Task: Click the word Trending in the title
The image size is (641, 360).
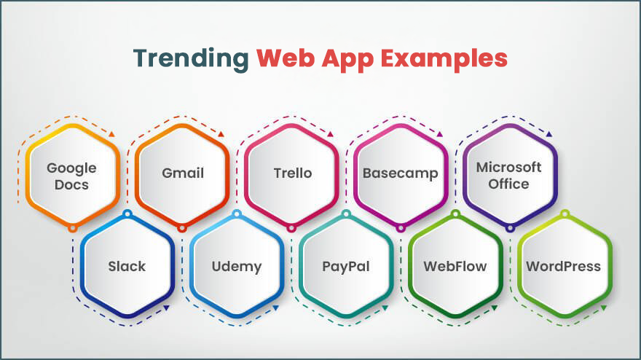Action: tap(191, 58)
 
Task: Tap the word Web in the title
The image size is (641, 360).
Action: tap(286, 58)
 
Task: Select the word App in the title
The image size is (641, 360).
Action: tap(347, 59)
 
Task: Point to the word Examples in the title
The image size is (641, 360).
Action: tap(444, 59)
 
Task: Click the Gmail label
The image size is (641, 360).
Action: tap(183, 173)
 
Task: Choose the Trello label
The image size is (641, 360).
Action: tap(293, 173)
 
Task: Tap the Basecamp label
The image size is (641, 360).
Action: tap(400, 173)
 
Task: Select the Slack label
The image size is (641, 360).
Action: tap(127, 266)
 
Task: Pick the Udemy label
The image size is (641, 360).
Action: tap(237, 267)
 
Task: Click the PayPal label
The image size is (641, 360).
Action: tap(346, 267)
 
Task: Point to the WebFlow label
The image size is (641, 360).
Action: tap(455, 266)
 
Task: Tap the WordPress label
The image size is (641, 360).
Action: tap(563, 266)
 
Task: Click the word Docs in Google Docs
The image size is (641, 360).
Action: tap(71, 185)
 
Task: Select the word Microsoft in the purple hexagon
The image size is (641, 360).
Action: tap(508, 167)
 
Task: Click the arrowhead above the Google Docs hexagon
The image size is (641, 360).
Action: tap(111, 134)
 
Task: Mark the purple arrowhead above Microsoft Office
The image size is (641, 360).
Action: tap(549, 134)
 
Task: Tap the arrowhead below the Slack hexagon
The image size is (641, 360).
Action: tap(166, 308)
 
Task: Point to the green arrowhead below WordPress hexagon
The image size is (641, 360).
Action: tap(604, 308)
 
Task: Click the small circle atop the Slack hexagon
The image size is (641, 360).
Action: tap(127, 214)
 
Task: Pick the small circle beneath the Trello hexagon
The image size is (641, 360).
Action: tap(291, 228)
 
